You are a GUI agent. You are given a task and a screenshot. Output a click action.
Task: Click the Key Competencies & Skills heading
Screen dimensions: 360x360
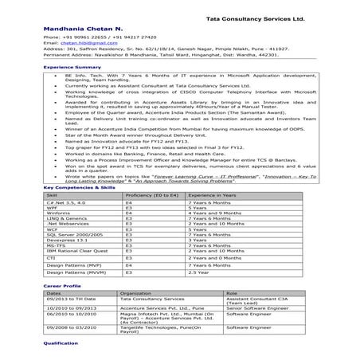pyautogui.click(x=75, y=186)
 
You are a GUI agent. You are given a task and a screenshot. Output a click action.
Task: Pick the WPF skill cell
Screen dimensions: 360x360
pyautogui.click(x=53, y=208)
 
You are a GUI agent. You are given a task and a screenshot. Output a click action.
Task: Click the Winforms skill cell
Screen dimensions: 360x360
pyautogui.click(x=58, y=214)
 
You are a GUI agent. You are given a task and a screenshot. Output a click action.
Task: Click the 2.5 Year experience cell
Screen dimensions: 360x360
pyautogui.click(x=199, y=272)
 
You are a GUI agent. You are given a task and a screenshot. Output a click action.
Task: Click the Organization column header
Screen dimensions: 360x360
pyautogui.click(x=136, y=292)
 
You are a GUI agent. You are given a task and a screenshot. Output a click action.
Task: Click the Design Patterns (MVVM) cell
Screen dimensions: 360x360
pyautogui.click(x=71, y=272)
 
